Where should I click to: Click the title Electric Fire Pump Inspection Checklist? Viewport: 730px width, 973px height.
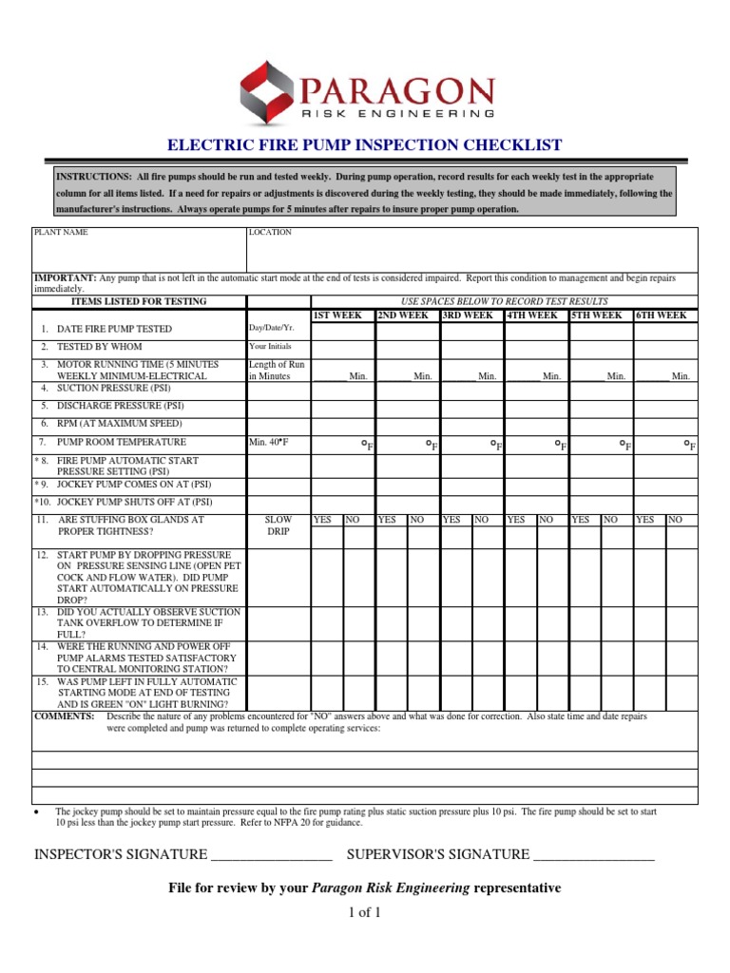click(x=365, y=145)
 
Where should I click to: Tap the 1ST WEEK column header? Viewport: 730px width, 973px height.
click(x=337, y=315)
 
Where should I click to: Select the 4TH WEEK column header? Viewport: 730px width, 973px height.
click(x=532, y=315)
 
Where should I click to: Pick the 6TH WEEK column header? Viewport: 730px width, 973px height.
click(x=661, y=315)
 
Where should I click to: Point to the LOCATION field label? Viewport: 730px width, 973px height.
click(x=270, y=232)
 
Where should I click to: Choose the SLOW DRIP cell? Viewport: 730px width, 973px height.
click(x=277, y=526)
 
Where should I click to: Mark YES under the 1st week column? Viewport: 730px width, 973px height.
click(x=323, y=521)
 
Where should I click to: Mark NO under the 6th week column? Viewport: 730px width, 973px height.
click(x=676, y=521)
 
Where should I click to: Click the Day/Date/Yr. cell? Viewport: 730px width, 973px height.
click(x=267, y=328)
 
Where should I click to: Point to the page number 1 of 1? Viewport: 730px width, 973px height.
click(x=365, y=914)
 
